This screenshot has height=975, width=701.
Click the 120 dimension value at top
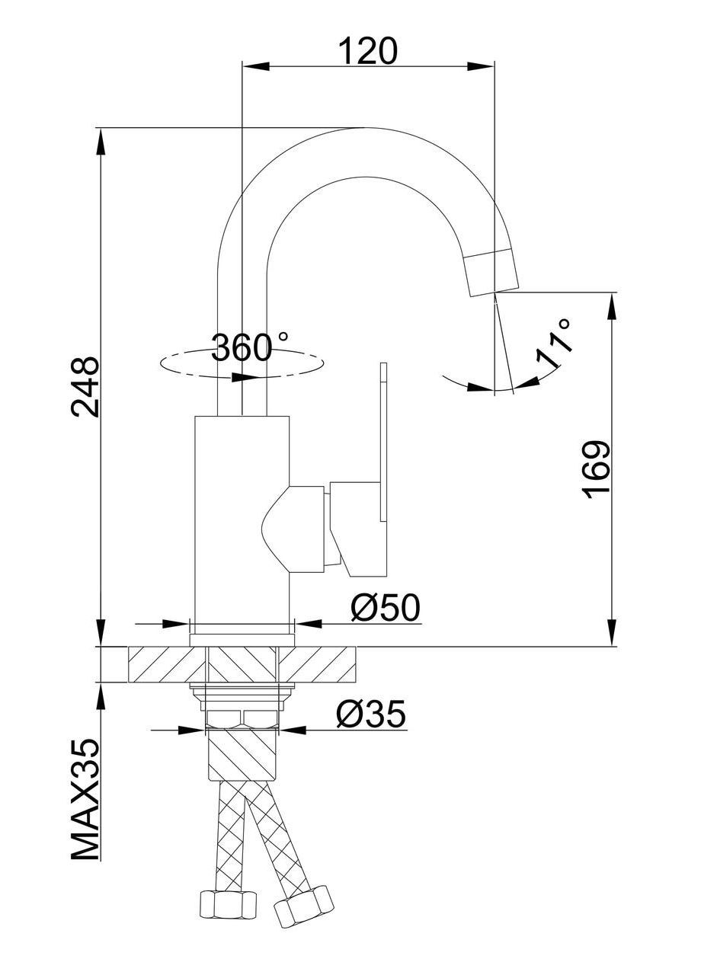[368, 52]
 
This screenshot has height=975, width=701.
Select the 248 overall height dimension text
[85, 386]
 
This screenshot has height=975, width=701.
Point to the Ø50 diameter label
[386, 608]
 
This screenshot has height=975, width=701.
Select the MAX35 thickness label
[86, 800]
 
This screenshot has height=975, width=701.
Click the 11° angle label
[554, 345]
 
